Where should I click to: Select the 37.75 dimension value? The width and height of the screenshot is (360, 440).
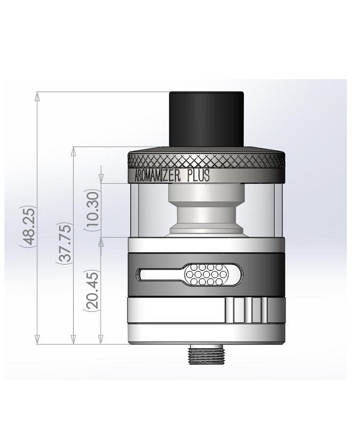[64, 243]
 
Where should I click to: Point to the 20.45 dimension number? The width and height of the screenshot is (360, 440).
[92, 290]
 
